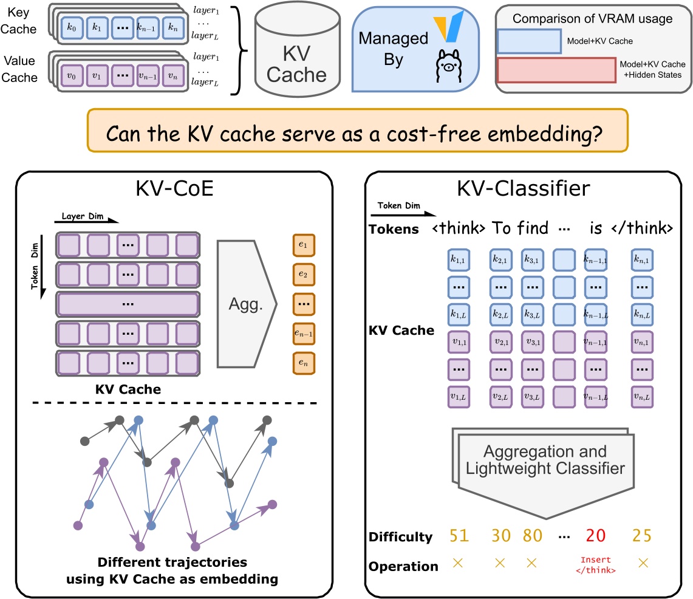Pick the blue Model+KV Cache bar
[x=529, y=41]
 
